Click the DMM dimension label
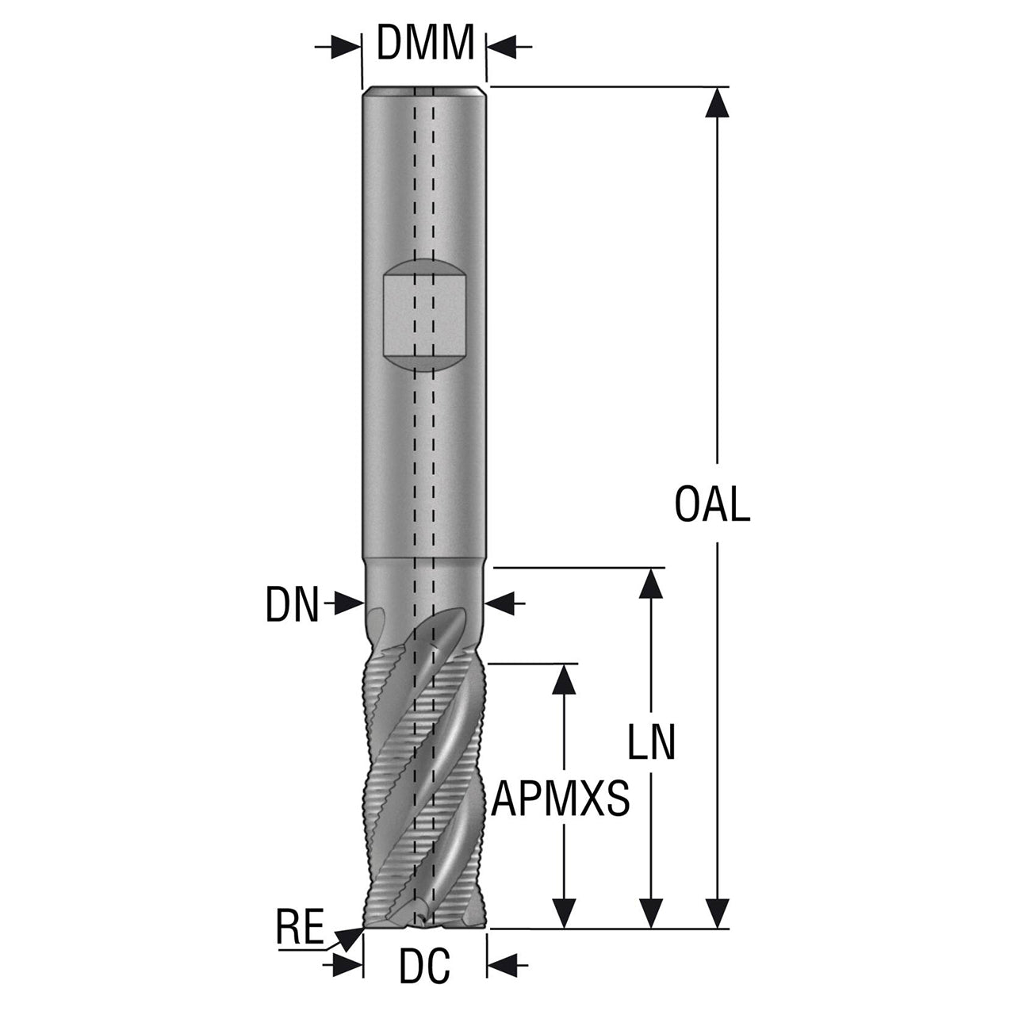[x=425, y=42]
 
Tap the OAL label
[x=712, y=504]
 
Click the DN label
[x=293, y=605]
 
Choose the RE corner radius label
[x=301, y=926]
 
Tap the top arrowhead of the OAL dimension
[x=716, y=102]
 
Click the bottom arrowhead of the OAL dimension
[x=716, y=912]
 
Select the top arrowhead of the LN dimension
[x=652, y=584]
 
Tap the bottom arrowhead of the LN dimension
[x=652, y=912]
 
